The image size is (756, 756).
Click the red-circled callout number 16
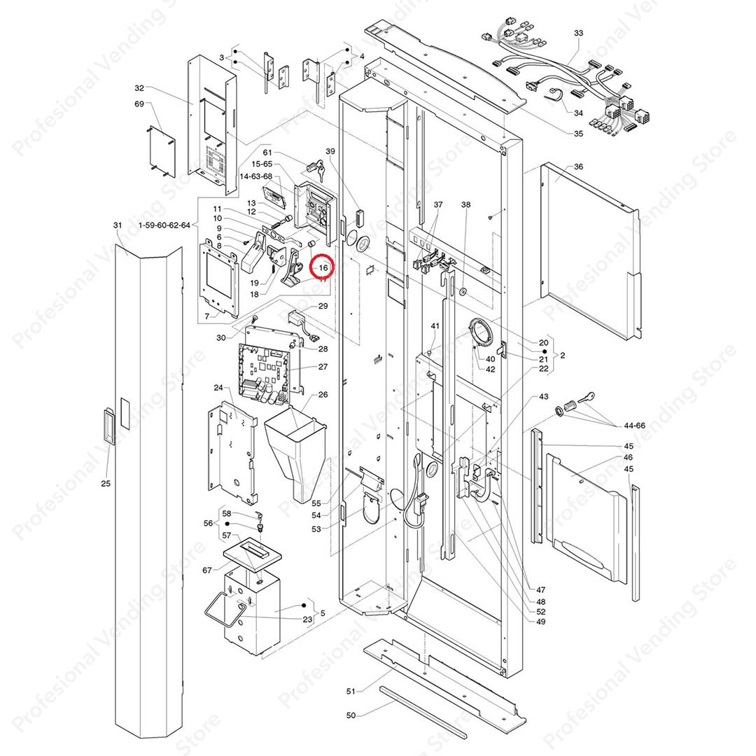point(323,267)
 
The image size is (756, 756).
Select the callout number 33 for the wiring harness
point(578,33)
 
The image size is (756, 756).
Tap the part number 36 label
point(578,167)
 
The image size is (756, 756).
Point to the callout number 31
point(117,225)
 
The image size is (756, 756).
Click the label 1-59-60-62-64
point(164,225)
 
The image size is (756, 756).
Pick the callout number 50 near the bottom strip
point(351,715)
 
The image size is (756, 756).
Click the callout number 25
point(106,484)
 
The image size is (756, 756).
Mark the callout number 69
point(139,104)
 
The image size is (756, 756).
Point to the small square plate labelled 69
point(160,149)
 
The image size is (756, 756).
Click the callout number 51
point(351,691)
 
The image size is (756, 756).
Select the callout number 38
point(466,204)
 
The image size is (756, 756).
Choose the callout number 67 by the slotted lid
point(207,570)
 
